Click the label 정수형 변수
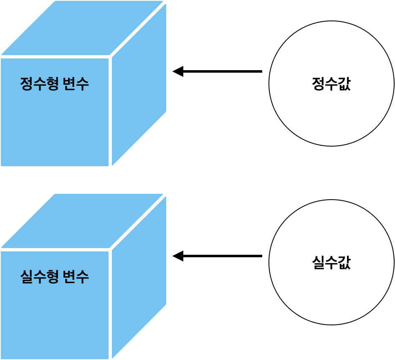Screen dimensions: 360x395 pyautogui.click(x=54, y=84)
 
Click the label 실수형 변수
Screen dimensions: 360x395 pyautogui.click(x=54, y=276)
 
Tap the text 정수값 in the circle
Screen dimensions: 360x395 pyautogui.click(x=331, y=84)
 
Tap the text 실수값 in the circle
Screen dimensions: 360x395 pyautogui.click(x=331, y=262)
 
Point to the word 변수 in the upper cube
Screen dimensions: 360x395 pyautogui.click(x=76, y=84)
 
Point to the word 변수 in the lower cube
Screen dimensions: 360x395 pyautogui.click(x=76, y=276)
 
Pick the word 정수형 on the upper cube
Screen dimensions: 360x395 pyautogui.click(x=39, y=84)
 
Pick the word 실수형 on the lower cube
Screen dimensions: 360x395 pyautogui.click(x=39, y=276)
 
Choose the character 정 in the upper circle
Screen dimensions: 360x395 pyautogui.click(x=318, y=84)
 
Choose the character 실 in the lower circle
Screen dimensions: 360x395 pyautogui.click(x=318, y=262)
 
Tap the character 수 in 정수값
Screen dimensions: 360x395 pyautogui.click(x=331, y=84)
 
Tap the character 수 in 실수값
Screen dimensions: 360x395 pyautogui.click(x=331, y=262)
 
